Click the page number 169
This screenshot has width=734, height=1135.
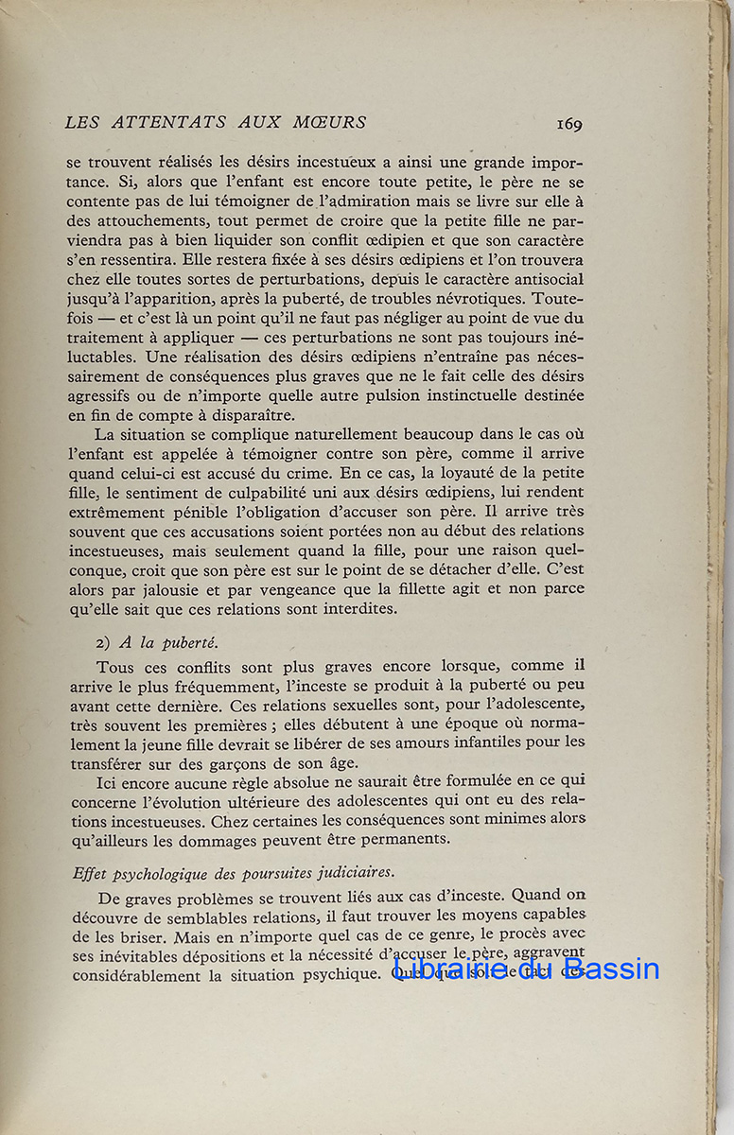click(568, 123)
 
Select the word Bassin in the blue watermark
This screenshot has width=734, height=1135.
click(611, 969)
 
